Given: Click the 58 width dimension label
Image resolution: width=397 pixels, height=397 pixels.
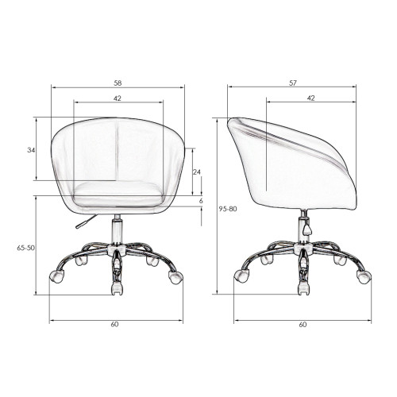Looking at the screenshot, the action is pyautogui.click(x=118, y=83).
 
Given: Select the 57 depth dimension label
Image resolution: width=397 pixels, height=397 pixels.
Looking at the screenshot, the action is pyautogui.click(x=293, y=83).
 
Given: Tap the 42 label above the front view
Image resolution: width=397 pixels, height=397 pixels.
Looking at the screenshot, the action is pyautogui.click(x=118, y=98).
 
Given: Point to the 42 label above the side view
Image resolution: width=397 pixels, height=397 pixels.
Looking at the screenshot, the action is pyautogui.click(x=311, y=98).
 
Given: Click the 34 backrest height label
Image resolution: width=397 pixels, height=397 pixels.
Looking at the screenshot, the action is pyautogui.click(x=31, y=150).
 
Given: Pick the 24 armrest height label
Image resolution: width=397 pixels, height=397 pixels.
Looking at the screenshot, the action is pyautogui.click(x=196, y=172).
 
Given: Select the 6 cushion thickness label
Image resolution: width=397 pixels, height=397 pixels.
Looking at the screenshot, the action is pyautogui.click(x=201, y=201).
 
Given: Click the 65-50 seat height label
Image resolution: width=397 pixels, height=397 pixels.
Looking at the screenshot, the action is pyautogui.click(x=25, y=248).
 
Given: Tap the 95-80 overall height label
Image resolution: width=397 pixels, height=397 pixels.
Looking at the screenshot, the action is pyautogui.click(x=228, y=209).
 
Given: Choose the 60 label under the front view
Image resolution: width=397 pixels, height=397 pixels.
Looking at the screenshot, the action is pyautogui.click(x=114, y=324).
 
